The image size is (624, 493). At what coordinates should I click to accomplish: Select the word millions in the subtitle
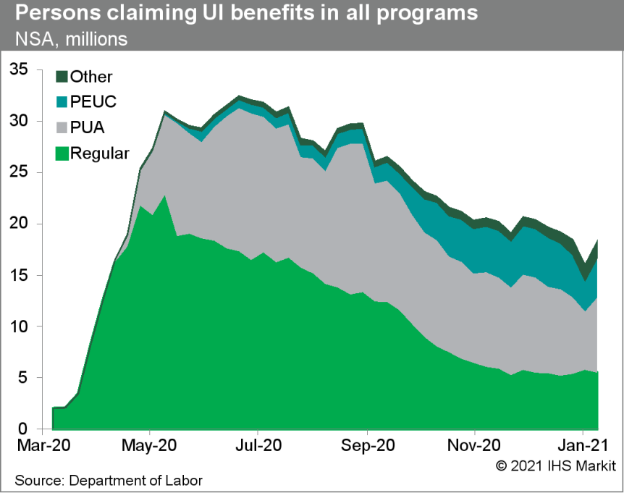[x=96, y=38]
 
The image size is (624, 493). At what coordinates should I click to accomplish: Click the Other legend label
[x=91, y=77]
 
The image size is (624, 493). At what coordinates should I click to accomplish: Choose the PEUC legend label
[x=93, y=102]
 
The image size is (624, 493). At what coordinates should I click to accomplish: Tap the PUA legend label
[x=88, y=128]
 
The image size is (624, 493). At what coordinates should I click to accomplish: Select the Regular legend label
[x=100, y=153]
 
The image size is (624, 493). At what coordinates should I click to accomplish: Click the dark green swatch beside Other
[x=62, y=77]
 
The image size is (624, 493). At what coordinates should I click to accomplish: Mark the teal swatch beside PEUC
[x=62, y=102]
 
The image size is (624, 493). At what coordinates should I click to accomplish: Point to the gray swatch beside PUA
[x=62, y=128]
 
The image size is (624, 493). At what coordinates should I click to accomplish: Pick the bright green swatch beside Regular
[x=62, y=153]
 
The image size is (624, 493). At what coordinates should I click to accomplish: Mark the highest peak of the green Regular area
[x=165, y=196]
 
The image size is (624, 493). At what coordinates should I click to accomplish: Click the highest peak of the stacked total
[x=239, y=96]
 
